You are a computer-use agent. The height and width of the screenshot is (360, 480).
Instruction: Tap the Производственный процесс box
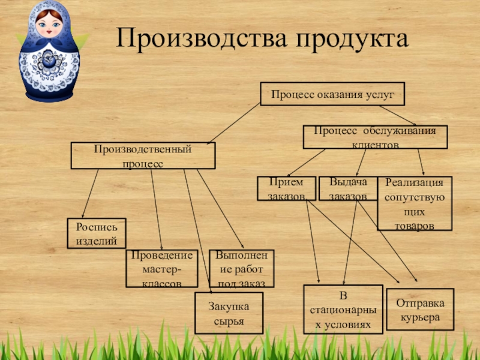tap(143, 155)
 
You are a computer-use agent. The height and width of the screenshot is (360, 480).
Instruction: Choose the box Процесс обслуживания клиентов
tap(375, 137)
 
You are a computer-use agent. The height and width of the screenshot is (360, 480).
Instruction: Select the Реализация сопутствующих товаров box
tap(414, 203)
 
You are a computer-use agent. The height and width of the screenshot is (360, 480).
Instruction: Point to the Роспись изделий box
tap(96, 233)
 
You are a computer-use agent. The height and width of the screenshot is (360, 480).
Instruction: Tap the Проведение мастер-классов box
tap(161, 268)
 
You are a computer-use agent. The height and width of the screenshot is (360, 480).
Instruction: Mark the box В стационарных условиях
tap(343, 310)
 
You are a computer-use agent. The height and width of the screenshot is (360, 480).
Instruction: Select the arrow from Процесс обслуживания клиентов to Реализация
tap(421, 162)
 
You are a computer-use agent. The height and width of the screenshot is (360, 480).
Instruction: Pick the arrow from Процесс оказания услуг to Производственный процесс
tap(234, 124)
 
